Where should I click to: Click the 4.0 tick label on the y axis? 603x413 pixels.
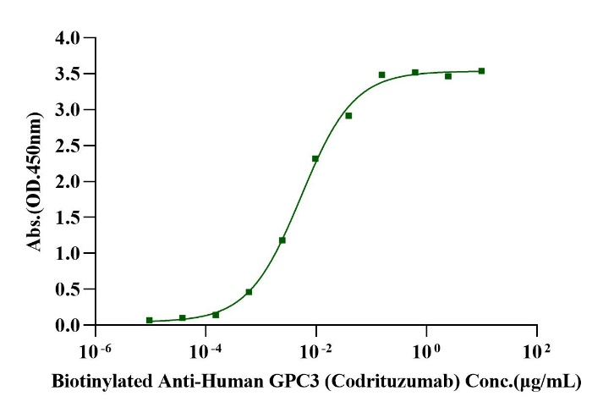click(69, 38)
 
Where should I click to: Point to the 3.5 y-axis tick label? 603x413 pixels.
click(69, 74)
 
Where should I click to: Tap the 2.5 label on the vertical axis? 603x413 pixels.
click(69, 146)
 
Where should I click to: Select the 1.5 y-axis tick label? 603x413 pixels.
click(69, 218)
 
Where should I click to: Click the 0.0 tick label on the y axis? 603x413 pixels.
click(69, 326)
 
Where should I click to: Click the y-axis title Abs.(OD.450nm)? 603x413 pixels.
click(35, 182)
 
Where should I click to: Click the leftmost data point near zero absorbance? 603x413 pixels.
click(150, 321)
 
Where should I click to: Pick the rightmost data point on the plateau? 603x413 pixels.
click(481, 71)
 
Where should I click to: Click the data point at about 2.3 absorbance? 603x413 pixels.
click(315, 159)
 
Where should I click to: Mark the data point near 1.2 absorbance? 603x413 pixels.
click(282, 240)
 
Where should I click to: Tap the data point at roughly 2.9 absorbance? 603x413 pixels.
click(348, 115)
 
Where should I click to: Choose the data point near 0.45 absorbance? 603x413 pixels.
click(249, 292)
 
